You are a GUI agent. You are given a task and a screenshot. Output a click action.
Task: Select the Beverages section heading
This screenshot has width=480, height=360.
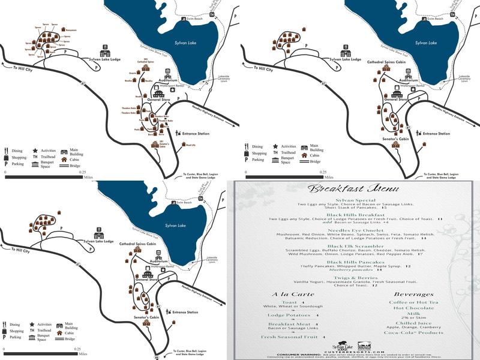click(x=414, y=295)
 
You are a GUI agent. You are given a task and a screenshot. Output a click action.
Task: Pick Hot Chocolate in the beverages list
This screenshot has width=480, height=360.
click(x=414, y=308)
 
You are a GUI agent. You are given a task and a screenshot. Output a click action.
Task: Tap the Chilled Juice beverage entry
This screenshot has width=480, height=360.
click(x=414, y=323)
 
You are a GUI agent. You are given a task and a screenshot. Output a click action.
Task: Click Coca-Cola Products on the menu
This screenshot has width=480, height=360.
click(x=414, y=332)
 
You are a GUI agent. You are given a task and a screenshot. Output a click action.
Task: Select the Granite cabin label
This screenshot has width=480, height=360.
click(x=133, y=72)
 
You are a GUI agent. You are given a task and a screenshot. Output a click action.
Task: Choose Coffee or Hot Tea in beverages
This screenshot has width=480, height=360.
click(x=414, y=302)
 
